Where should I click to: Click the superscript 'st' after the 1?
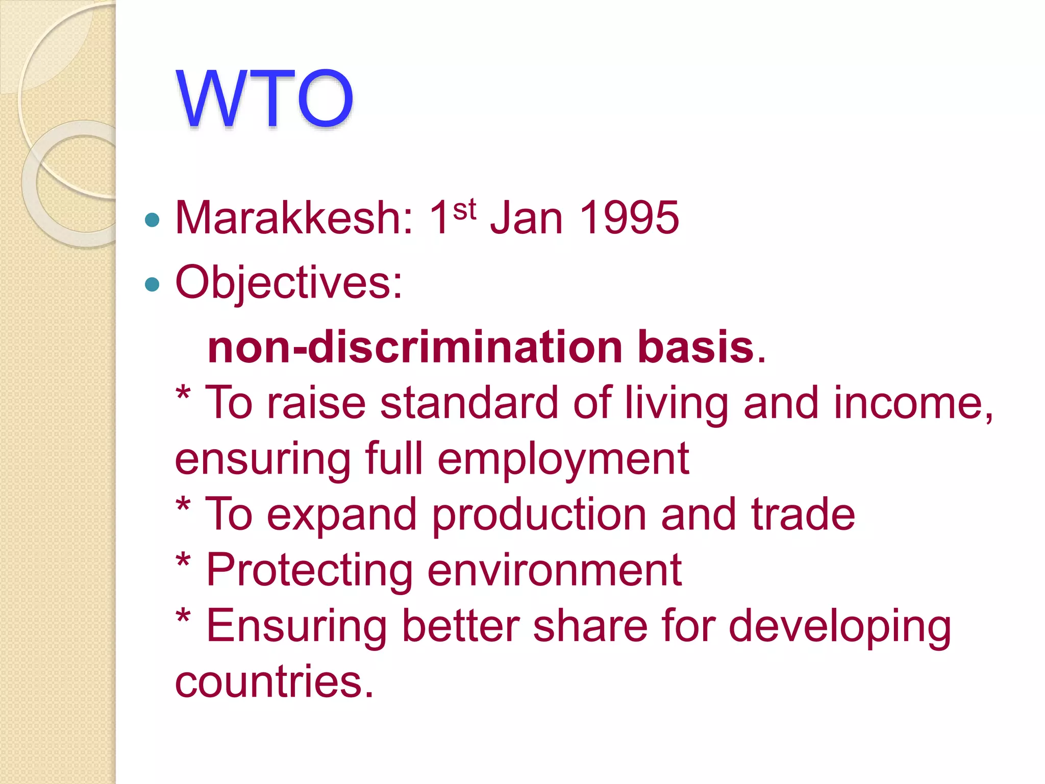point(464,210)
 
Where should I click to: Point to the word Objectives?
point(288,283)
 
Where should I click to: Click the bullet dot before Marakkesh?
point(152,220)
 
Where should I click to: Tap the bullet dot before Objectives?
point(152,284)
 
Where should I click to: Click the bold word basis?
point(696,347)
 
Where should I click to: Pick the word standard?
point(469,403)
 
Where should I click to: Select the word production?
point(540,514)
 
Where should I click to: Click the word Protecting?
point(309,571)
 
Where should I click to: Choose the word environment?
point(554,571)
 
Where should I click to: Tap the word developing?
point(839,627)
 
